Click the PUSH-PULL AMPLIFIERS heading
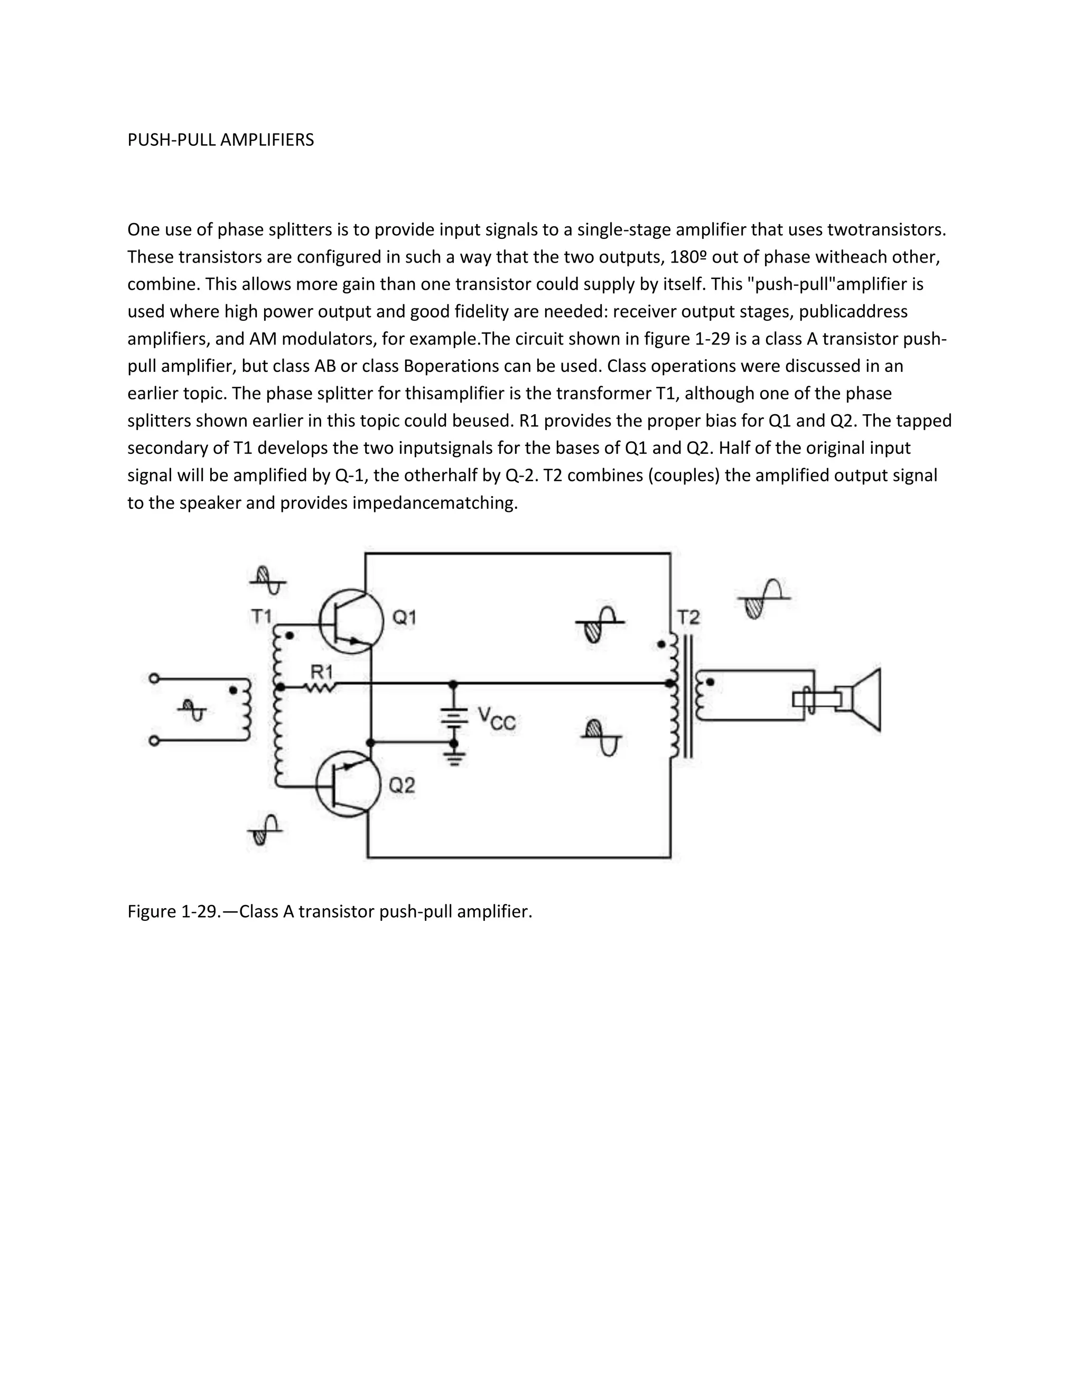point(220,140)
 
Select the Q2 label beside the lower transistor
point(402,785)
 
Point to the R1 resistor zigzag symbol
point(320,687)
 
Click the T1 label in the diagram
point(262,617)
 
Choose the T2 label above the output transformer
point(688,618)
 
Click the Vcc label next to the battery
point(496,718)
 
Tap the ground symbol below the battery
point(454,760)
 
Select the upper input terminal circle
point(154,678)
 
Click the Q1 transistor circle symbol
point(351,621)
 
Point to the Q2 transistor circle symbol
point(349,784)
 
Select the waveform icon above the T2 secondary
point(763,598)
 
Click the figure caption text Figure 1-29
point(330,911)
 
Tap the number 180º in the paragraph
point(688,257)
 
